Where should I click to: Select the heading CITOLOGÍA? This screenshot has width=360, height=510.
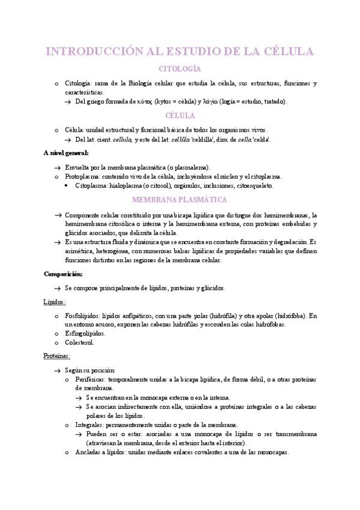[179, 69]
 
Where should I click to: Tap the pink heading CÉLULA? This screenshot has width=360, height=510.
[179, 115]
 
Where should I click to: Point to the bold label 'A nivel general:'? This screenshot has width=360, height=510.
[66, 153]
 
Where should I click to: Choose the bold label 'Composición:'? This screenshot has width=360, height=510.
[63, 274]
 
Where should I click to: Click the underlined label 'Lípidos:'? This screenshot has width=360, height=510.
[55, 301]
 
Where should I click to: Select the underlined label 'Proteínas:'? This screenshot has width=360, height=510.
[56, 356]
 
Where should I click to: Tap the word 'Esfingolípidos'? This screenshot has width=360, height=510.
[85, 333]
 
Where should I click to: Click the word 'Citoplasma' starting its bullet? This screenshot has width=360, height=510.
[91, 186]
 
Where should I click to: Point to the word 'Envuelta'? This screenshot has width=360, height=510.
[78, 167]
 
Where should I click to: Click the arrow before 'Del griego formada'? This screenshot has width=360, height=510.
[68, 102]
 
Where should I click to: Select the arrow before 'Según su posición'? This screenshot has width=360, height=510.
[56, 370]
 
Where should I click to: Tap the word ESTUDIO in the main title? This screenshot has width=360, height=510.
[196, 51]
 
